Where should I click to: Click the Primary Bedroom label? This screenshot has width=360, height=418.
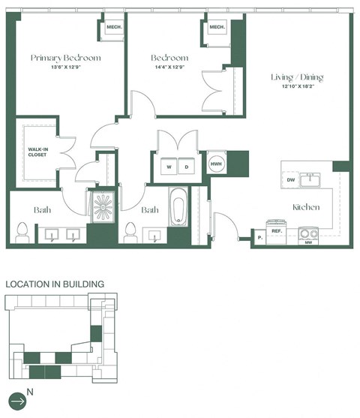[x=65, y=57]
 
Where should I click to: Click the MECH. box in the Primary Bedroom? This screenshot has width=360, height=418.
[x=114, y=28]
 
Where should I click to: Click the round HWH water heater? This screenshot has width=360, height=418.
[x=217, y=164]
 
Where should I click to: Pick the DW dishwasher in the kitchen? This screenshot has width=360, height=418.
[x=291, y=180]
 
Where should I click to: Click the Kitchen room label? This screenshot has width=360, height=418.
[x=307, y=207]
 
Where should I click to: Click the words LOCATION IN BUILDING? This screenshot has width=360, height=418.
[x=55, y=284]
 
